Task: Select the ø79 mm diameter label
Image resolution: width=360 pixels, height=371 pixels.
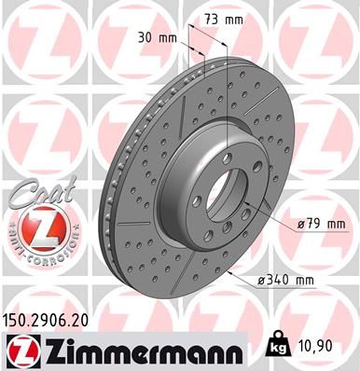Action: pyautogui.click(x=320, y=224)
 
